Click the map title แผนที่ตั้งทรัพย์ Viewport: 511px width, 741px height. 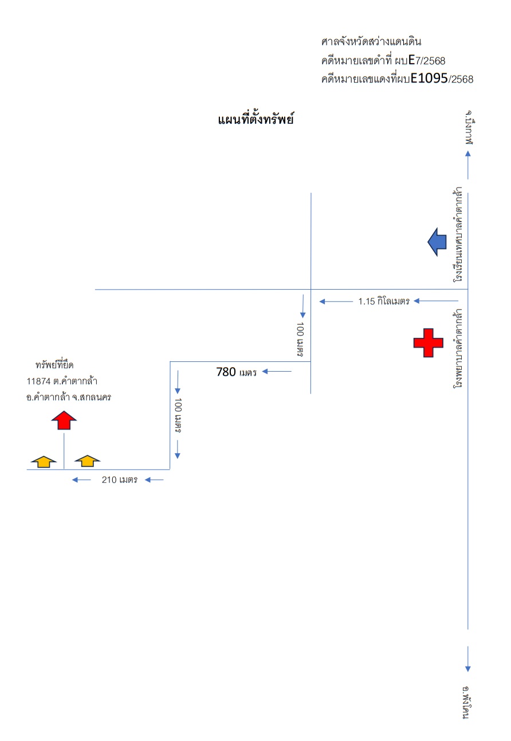(x=256, y=119)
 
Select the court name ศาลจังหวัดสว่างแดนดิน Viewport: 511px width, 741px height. (x=371, y=42)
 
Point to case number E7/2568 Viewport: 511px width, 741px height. (x=427, y=61)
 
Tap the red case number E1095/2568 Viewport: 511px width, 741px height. (x=442, y=79)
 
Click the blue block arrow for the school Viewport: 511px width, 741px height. (x=437, y=242)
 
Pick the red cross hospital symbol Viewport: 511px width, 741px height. (x=428, y=343)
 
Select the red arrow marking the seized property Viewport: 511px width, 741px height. (x=64, y=420)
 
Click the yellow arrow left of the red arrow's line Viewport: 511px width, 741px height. (x=44, y=462)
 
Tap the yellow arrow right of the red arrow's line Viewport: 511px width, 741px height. (x=87, y=461)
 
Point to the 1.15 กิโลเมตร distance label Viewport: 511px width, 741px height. (x=384, y=301)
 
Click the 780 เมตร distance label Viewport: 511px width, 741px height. (x=237, y=372)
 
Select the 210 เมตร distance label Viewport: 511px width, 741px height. (x=120, y=479)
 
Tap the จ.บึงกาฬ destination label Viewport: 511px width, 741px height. (x=469, y=128)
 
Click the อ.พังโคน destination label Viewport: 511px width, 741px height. (x=466, y=703)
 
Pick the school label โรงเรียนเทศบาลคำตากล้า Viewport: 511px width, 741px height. (x=458, y=235)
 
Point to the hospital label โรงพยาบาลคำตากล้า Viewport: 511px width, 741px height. (x=458, y=348)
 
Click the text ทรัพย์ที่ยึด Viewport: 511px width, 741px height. (x=54, y=365)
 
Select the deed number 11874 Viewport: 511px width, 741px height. (x=38, y=381)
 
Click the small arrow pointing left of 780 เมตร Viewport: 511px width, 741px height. (x=277, y=372)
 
